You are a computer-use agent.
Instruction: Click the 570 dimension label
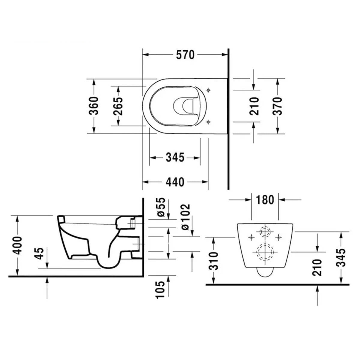(185, 55)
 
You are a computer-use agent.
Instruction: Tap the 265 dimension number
(118, 106)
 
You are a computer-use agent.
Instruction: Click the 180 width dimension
(265, 199)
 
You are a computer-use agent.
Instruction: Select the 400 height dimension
(18, 245)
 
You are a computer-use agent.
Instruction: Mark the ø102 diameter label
(185, 217)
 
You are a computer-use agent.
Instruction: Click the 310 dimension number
(213, 260)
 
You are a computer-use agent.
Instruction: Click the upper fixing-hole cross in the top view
(208, 90)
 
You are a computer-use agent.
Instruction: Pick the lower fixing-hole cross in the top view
(208, 121)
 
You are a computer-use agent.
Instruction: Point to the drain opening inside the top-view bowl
(184, 106)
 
